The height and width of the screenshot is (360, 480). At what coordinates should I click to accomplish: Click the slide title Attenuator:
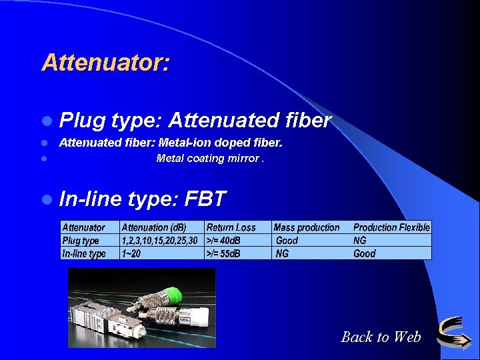(105, 63)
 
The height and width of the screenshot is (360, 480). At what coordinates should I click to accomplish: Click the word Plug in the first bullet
(83, 121)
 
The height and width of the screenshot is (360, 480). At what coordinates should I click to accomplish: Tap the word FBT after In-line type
(205, 199)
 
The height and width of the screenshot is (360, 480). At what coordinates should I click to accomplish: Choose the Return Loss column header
(231, 227)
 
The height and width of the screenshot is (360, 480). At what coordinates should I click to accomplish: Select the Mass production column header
(307, 227)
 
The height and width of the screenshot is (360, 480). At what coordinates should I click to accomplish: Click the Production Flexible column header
(391, 227)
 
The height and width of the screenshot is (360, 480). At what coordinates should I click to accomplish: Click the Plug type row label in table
(81, 240)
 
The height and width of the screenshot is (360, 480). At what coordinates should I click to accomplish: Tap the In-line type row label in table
(84, 253)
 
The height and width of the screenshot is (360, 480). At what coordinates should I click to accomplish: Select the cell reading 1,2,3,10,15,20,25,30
(160, 240)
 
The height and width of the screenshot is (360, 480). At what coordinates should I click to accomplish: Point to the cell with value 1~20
(131, 253)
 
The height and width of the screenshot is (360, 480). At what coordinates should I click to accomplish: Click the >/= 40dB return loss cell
(224, 240)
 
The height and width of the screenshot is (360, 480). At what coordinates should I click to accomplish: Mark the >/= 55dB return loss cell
(224, 253)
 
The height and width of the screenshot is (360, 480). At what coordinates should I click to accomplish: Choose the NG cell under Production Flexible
(360, 240)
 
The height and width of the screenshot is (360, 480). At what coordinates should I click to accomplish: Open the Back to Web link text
(381, 337)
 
